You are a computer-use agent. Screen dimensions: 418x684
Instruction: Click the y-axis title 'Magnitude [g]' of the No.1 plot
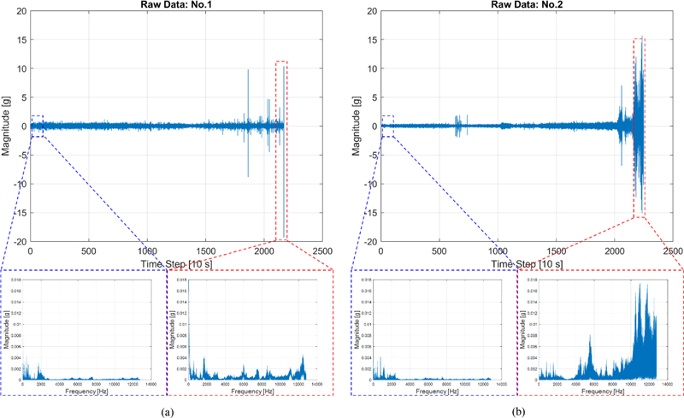7,127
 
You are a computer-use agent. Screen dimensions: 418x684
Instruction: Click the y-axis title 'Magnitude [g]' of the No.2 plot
357,127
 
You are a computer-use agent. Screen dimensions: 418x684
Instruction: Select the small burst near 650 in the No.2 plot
458,126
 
